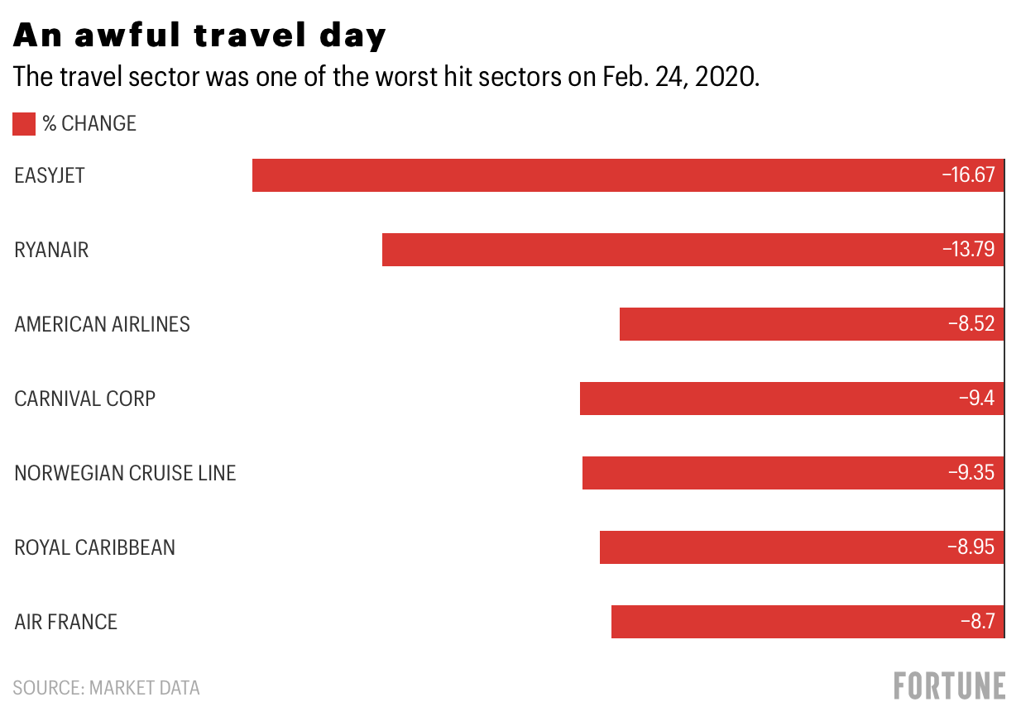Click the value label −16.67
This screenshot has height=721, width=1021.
(967, 175)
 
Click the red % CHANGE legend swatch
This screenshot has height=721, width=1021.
(24, 124)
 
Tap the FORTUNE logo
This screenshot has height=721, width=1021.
(950, 686)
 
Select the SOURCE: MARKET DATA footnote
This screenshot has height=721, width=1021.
(106, 688)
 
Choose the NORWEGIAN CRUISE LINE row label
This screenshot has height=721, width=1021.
(125, 474)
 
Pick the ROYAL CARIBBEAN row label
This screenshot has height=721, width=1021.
(94, 548)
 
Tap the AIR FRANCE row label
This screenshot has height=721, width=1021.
(65, 623)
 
